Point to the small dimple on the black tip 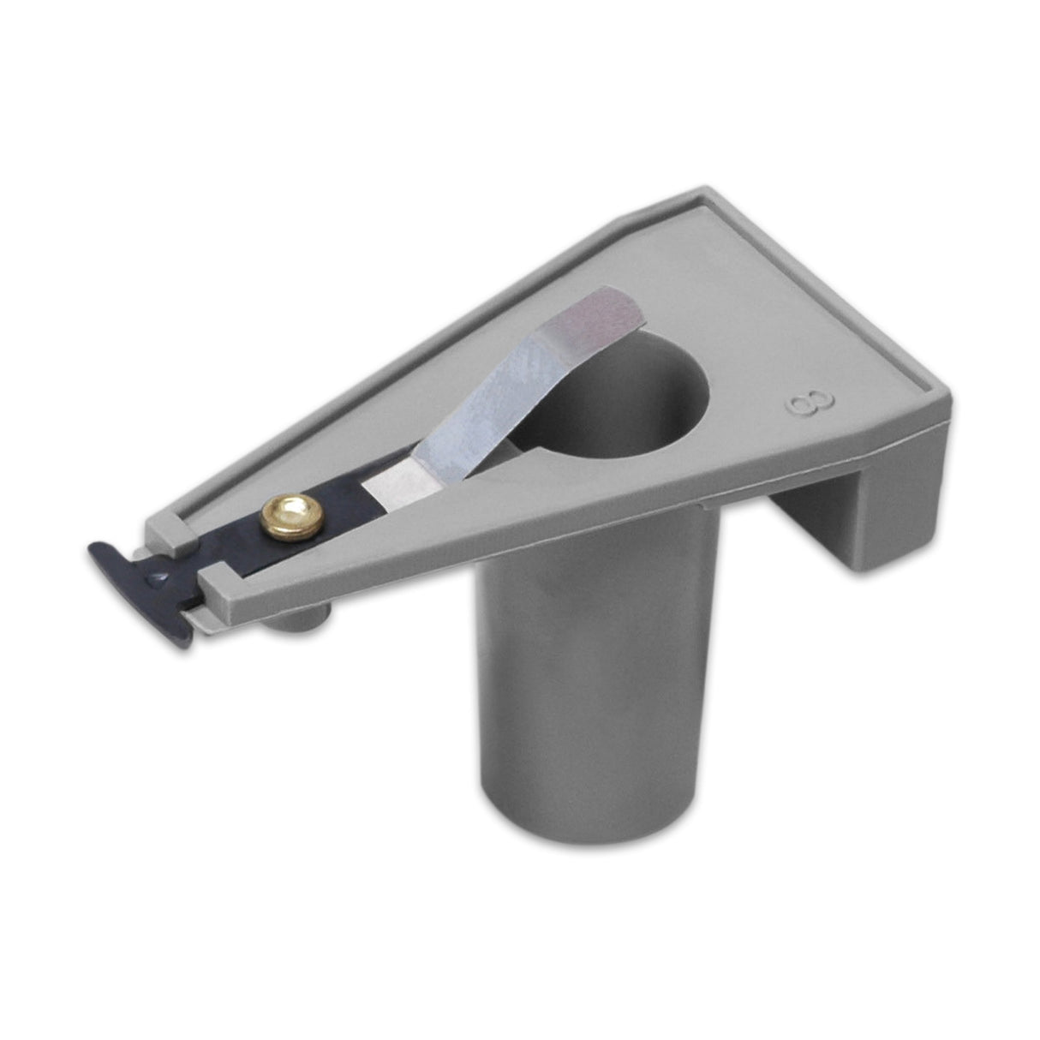click(x=157, y=580)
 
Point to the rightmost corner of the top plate click(x=947, y=392)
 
